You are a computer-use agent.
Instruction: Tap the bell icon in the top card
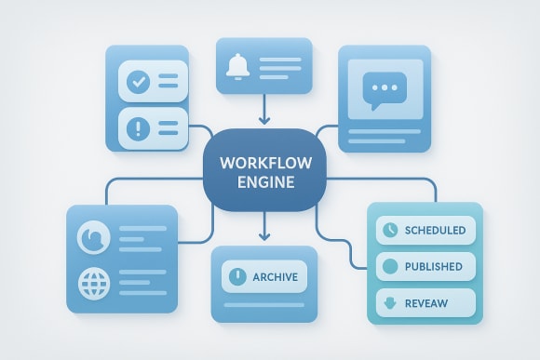click(x=237, y=65)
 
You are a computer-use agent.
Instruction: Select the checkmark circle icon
click(x=138, y=82)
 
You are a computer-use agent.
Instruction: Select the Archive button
click(x=264, y=277)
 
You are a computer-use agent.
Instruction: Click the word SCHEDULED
click(x=437, y=230)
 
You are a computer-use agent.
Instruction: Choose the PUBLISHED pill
click(x=425, y=266)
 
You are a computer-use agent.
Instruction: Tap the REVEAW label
click(x=430, y=302)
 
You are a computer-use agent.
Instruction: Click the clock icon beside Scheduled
click(x=389, y=230)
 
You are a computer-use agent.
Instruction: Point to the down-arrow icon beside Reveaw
click(x=389, y=302)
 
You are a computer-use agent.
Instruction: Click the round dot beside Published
click(x=389, y=266)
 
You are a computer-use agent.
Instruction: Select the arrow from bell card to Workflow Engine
click(x=263, y=111)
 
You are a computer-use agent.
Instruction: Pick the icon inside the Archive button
click(x=237, y=277)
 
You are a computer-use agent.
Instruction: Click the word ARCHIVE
click(x=276, y=277)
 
